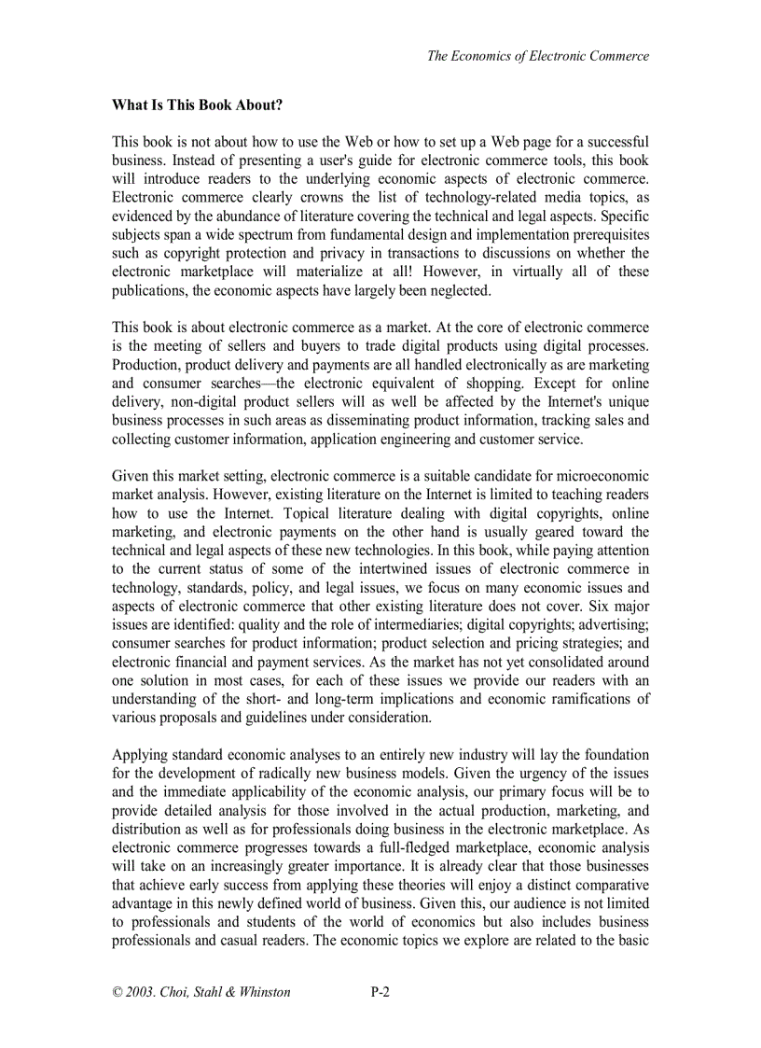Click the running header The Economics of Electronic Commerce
click(537, 56)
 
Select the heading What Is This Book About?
click(197, 105)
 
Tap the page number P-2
click(380, 993)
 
